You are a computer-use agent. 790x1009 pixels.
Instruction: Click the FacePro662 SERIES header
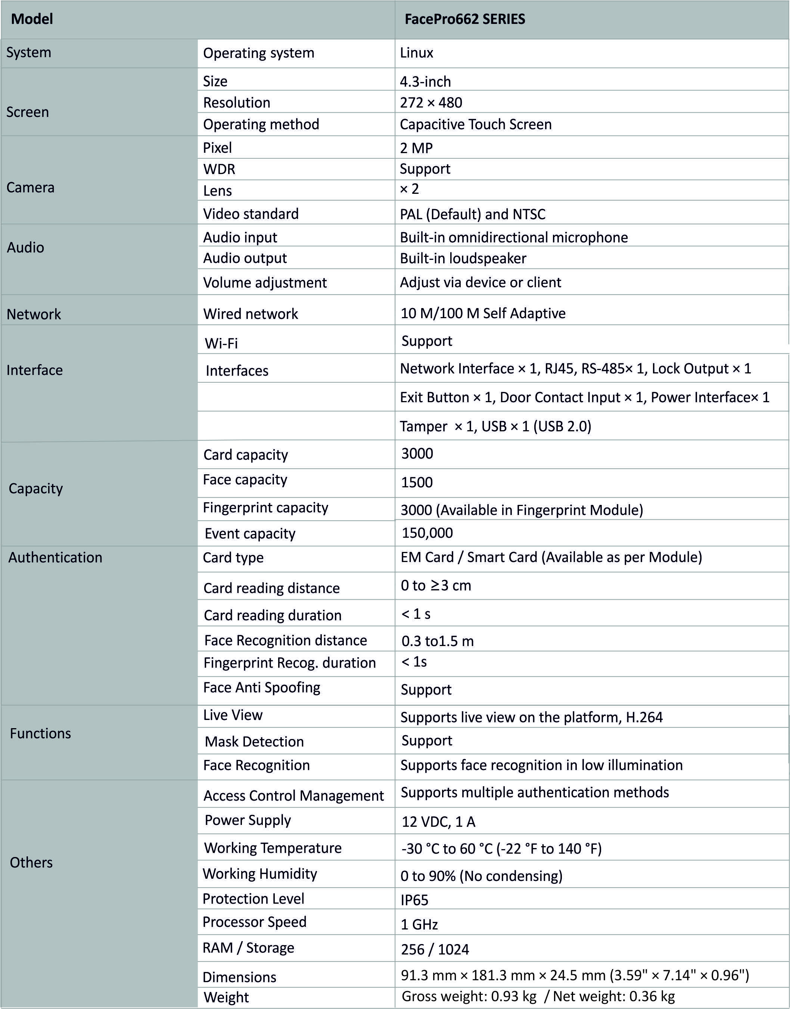tap(464, 19)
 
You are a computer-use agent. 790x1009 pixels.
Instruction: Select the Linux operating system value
tap(416, 53)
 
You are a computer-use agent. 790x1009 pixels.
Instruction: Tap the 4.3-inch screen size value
tap(425, 81)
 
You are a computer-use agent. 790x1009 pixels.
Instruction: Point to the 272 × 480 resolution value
tap(430, 102)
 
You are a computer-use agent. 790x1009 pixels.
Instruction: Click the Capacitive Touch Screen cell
tap(476, 124)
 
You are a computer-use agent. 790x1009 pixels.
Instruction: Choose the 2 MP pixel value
tap(416, 148)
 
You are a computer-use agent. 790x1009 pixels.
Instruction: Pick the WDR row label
tap(219, 169)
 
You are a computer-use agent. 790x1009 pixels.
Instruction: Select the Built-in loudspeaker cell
tap(463, 258)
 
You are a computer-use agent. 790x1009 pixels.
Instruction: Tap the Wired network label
tap(250, 314)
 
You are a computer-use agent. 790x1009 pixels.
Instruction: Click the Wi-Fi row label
tap(221, 343)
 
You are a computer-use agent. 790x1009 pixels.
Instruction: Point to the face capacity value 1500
tap(417, 482)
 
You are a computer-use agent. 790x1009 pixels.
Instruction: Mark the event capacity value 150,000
tap(427, 533)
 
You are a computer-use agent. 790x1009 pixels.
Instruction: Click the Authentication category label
tap(55, 558)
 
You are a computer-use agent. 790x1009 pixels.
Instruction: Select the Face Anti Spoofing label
tap(261, 687)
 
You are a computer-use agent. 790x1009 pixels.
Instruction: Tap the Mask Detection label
tap(254, 742)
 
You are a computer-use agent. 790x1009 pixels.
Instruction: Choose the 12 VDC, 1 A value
tap(438, 822)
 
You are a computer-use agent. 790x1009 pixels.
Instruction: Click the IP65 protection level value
tap(414, 900)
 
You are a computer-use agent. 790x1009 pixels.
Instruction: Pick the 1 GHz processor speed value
tap(419, 924)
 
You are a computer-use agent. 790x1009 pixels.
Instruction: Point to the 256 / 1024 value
tap(435, 949)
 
